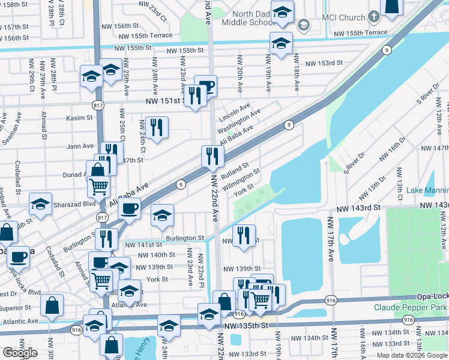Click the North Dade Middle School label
(245, 18)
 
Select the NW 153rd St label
(324, 63)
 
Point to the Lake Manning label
(427, 191)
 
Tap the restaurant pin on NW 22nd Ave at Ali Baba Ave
(212, 156)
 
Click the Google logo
(20, 353)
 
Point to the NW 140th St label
(155, 255)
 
